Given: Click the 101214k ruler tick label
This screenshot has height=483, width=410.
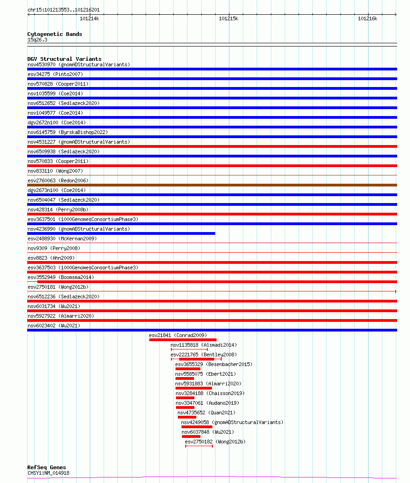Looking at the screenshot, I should (89, 18).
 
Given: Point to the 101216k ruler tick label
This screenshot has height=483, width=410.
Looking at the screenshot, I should (368, 18).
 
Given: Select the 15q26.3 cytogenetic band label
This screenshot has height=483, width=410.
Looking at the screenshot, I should (37, 40).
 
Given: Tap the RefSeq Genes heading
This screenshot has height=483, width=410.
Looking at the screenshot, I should (47, 467).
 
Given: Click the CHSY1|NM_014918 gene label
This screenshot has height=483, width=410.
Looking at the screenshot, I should (48, 473).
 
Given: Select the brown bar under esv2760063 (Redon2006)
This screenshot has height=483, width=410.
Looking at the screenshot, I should (212, 185).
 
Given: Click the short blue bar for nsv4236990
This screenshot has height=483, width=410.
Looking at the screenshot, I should (121, 233).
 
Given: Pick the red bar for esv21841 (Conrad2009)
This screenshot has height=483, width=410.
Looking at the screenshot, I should (182, 340).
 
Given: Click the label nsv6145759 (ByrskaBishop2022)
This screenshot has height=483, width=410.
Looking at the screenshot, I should (68, 132).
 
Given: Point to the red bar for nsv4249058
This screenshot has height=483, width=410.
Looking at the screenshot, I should (197, 427).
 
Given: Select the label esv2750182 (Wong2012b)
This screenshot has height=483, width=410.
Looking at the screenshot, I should (215, 442).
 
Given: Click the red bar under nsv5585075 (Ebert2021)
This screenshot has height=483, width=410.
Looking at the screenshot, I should (185, 378).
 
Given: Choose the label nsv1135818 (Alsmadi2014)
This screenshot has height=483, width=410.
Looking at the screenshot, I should (204, 345).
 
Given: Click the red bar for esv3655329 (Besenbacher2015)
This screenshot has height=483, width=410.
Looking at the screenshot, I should (188, 369).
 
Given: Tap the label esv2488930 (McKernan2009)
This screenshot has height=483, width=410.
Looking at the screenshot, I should (62, 239).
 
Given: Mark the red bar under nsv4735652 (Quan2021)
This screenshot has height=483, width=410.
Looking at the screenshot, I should (187, 417).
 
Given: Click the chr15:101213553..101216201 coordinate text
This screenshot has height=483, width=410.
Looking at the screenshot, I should (63, 10).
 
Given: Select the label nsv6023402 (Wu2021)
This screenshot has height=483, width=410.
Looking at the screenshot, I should (54, 326).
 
